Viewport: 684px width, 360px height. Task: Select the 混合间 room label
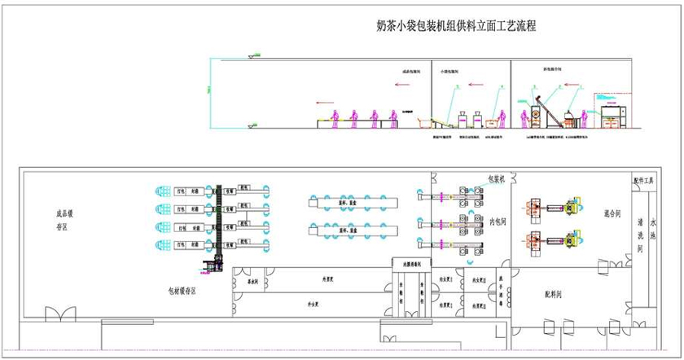(612, 213)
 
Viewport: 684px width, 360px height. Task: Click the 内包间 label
(500, 221)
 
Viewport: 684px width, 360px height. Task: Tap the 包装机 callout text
(497, 178)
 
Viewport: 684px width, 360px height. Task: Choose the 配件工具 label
(644, 181)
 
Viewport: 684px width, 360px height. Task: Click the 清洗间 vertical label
(642, 233)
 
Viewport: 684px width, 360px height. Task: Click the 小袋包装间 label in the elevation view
(450, 72)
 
